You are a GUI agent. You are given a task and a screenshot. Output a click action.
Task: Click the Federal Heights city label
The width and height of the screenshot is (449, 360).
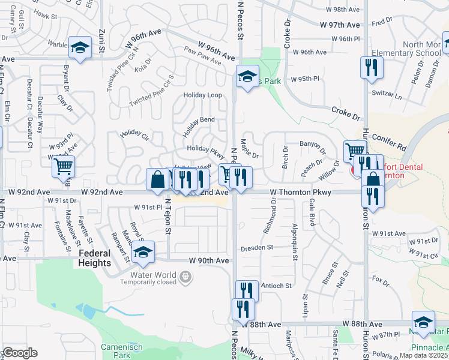click(x=94, y=258)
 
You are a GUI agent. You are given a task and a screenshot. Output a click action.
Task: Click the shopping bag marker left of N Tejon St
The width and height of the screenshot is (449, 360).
click(x=157, y=180)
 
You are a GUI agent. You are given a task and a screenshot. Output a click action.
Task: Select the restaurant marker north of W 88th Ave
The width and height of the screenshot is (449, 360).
click(x=247, y=292)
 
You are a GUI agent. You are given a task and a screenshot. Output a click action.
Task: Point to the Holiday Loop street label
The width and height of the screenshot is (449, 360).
click(x=202, y=95)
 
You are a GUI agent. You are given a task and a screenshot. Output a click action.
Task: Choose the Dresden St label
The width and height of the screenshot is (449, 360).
click(x=257, y=247)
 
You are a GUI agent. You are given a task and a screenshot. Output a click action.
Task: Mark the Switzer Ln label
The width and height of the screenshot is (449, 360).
click(x=387, y=95)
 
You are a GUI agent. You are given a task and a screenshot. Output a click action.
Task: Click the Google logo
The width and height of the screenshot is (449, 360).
click(x=20, y=353)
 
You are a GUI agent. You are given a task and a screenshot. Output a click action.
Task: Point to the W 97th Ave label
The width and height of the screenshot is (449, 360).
click(x=340, y=25)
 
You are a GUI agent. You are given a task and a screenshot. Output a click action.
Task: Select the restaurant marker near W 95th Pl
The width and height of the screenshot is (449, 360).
click(x=372, y=67)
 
